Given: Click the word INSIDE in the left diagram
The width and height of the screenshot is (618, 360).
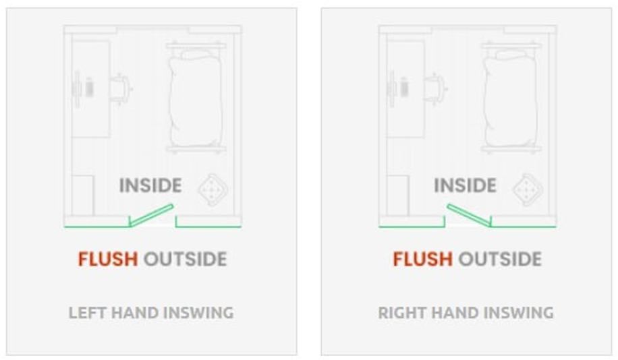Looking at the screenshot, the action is point(150,185).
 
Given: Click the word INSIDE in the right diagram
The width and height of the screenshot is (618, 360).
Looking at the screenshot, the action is point(465,185).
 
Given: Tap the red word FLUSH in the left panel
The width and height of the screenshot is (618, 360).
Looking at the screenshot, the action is point(107,259).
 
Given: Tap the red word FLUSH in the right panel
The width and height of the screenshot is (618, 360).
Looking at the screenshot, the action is point(422,259).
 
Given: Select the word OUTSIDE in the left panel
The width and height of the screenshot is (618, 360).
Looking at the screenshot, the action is point(185,259).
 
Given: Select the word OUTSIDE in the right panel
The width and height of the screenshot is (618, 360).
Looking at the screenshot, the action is point(500,259).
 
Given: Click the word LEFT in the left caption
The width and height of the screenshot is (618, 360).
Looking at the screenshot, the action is point(88,313).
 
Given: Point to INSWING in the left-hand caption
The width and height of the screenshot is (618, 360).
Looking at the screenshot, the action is point(198,313).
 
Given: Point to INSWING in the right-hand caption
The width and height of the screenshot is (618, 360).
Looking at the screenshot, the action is point(519,313).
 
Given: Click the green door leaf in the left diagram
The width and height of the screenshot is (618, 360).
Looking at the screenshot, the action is point(152,215).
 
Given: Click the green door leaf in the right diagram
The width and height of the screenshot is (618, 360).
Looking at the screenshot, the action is point(469,215).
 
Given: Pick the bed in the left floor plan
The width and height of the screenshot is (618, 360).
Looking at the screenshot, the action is point(196,98).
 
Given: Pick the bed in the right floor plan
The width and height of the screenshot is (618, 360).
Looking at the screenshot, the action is point(511,98).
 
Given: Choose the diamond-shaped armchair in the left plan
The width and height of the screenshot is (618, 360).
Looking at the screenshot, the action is point(213,190).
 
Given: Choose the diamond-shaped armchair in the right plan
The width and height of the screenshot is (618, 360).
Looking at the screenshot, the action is point(528,190).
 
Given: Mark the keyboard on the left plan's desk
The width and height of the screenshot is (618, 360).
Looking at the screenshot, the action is point(90,88).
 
